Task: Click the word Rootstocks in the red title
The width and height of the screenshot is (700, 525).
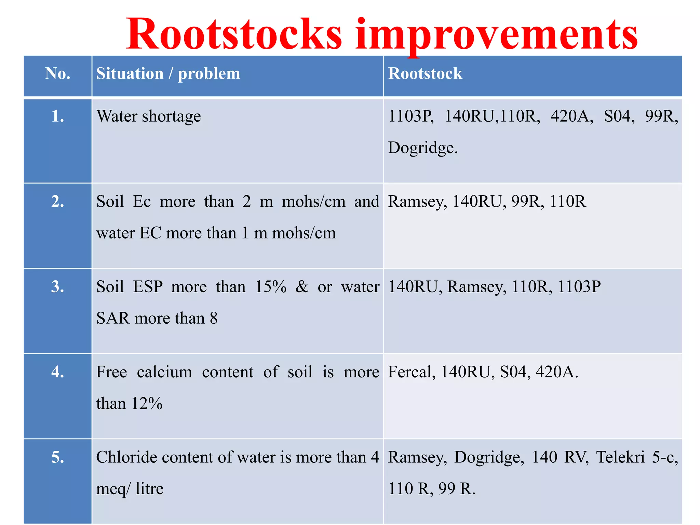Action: tap(234, 34)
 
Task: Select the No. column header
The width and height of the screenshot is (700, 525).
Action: tap(57, 73)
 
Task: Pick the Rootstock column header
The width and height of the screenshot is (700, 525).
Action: tap(425, 73)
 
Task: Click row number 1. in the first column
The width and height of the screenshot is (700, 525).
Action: tap(57, 117)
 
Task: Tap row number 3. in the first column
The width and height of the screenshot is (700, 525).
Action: tap(57, 286)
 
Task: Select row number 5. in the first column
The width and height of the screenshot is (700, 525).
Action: tap(57, 457)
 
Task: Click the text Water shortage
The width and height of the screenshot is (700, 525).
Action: tap(149, 117)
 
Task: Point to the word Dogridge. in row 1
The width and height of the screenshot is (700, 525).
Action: tap(422, 148)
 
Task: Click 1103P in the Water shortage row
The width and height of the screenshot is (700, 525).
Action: tap(410, 116)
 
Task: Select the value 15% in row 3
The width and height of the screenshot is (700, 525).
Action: tap(271, 286)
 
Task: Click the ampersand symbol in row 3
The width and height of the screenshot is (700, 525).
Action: tap(302, 286)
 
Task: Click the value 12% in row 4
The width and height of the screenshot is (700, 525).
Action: tap(147, 404)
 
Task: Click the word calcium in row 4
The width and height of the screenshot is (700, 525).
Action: tap(164, 372)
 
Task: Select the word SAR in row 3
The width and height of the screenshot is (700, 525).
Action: tap(113, 318)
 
